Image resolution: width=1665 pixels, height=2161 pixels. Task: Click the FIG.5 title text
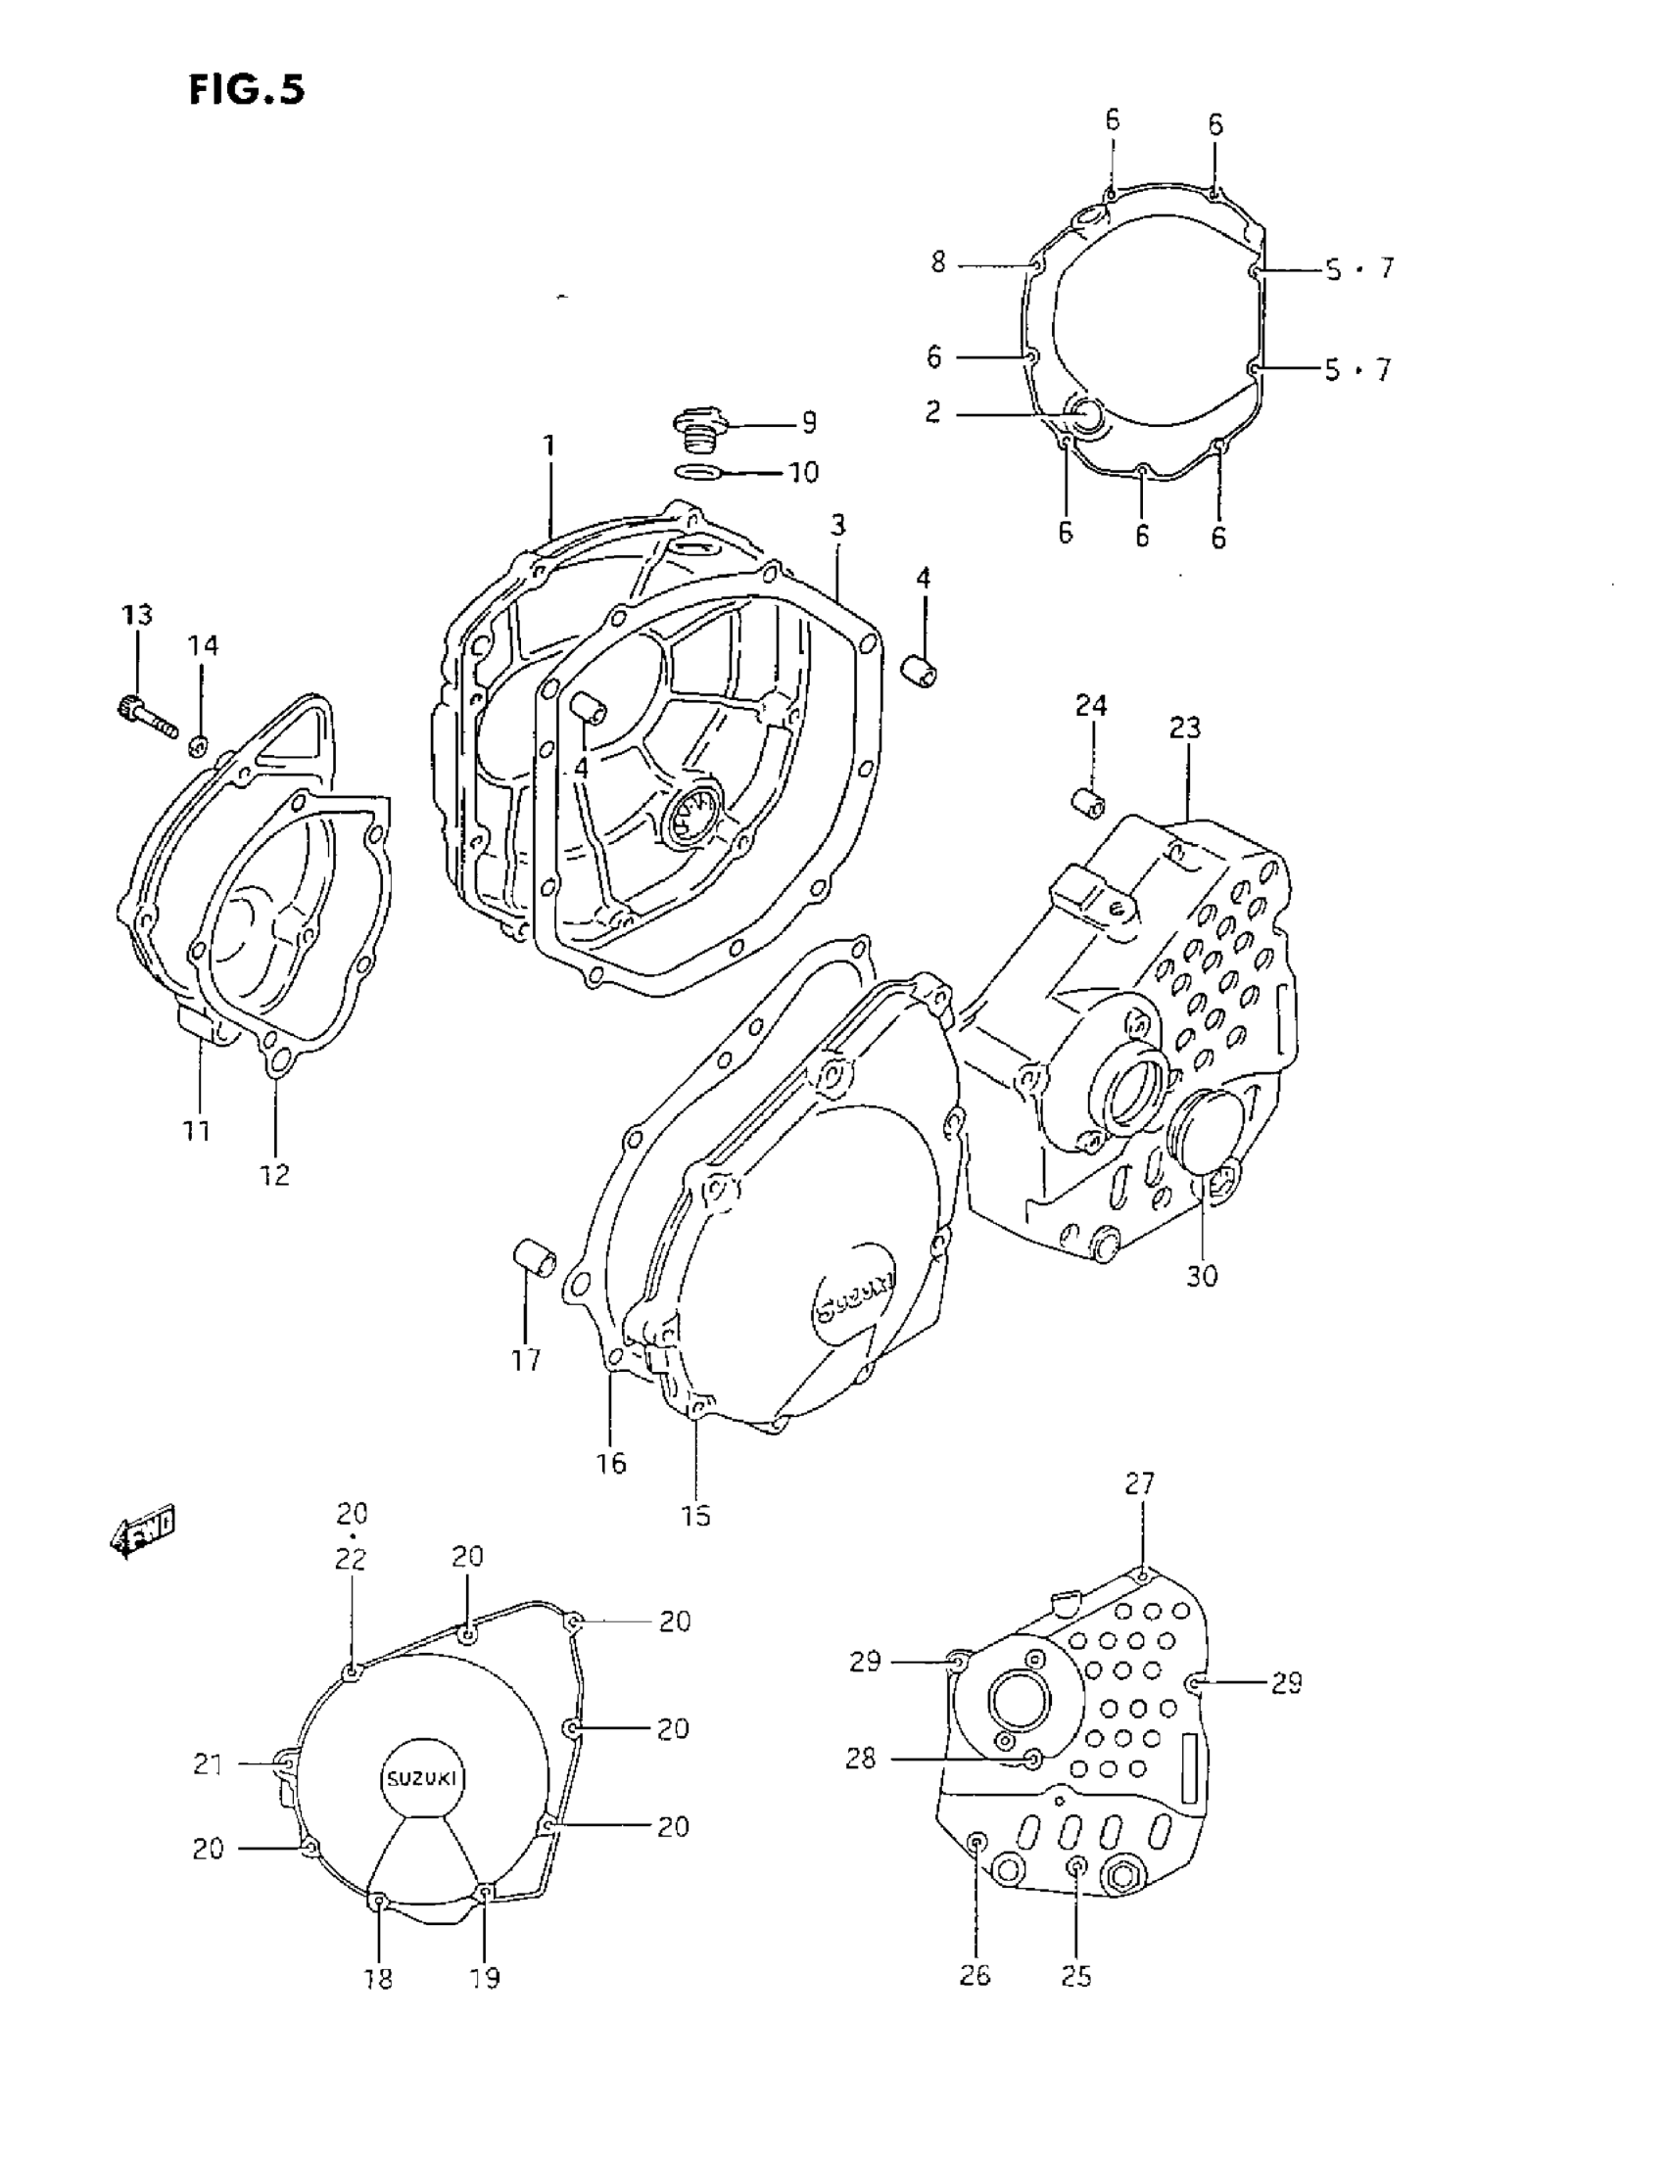click(247, 90)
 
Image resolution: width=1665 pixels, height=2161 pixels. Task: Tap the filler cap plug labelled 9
click(699, 428)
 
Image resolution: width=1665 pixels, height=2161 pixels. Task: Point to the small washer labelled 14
click(199, 743)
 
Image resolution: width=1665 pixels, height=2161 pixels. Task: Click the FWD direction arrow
click(145, 1531)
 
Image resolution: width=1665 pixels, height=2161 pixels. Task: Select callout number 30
click(1202, 1276)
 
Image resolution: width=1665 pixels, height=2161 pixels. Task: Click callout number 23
click(1185, 728)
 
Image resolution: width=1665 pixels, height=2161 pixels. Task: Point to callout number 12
click(275, 1175)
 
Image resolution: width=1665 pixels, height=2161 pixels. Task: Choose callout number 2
click(932, 411)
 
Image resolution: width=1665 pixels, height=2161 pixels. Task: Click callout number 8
click(937, 262)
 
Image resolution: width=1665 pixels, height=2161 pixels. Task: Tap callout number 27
click(1140, 1483)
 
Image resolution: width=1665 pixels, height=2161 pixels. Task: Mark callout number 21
click(207, 1763)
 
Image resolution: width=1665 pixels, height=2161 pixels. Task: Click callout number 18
click(378, 1978)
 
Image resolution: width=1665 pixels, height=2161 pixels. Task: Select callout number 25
click(1076, 1976)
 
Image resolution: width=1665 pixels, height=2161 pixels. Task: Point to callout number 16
click(611, 1463)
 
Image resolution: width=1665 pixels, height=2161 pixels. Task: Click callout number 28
click(860, 1759)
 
